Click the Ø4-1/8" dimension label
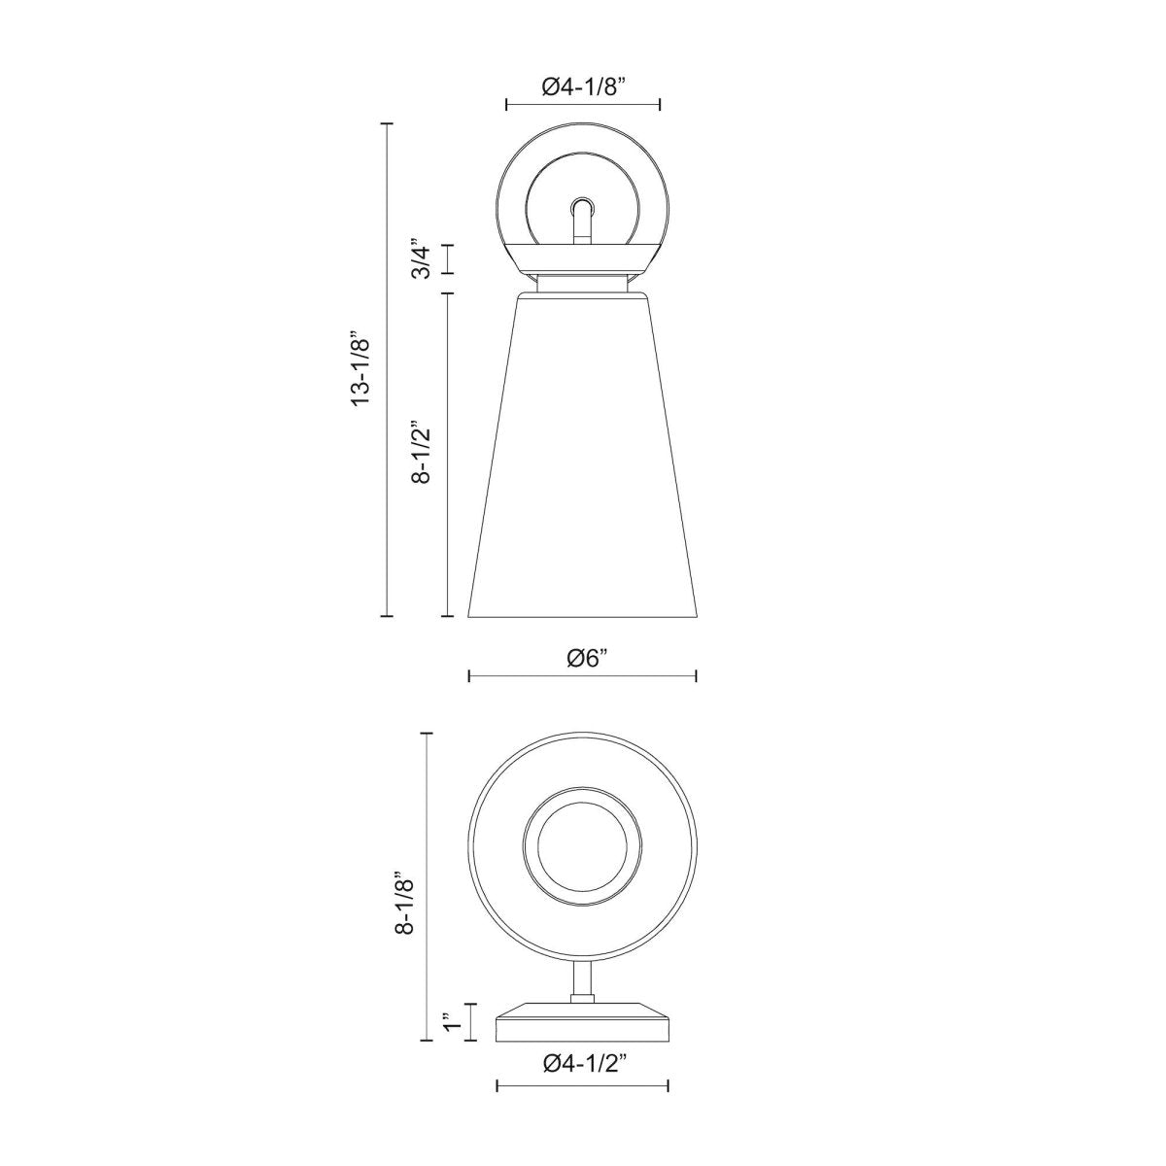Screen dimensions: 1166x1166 [583, 88]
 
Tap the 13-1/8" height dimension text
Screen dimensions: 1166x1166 [361, 369]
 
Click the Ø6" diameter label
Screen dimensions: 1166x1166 [583, 659]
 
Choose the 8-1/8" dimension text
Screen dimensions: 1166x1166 [403, 903]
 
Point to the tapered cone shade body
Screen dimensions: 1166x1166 [583, 455]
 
